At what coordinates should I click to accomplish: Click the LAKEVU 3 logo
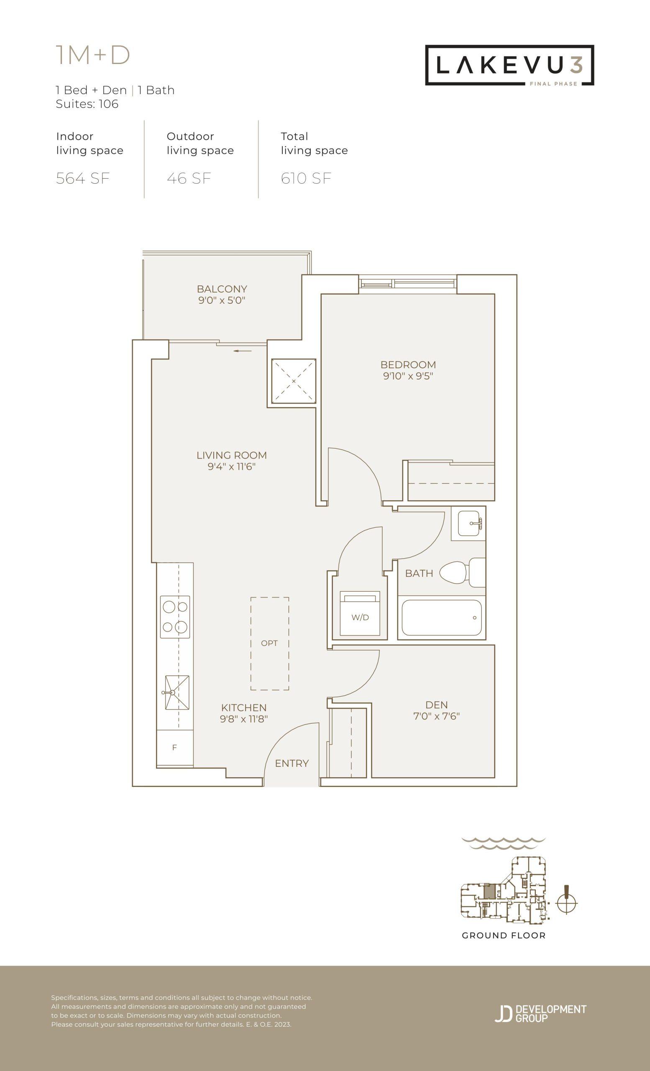pyautogui.click(x=509, y=65)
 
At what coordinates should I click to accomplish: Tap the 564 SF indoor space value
pyautogui.click(x=82, y=179)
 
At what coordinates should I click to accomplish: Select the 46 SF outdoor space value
pyautogui.click(x=189, y=179)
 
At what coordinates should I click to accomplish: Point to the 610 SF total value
pyautogui.click(x=306, y=179)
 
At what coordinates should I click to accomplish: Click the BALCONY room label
pyautogui.click(x=222, y=289)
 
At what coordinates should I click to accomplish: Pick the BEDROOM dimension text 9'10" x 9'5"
pyautogui.click(x=408, y=376)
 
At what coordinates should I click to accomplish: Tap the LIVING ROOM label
pyautogui.click(x=232, y=456)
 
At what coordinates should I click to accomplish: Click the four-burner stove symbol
pyautogui.click(x=175, y=617)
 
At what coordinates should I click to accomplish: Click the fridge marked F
pyautogui.click(x=175, y=748)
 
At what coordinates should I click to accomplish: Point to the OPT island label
pyautogui.click(x=269, y=643)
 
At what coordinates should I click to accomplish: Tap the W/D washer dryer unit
pyautogui.click(x=360, y=613)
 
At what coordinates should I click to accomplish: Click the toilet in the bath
pyautogui.click(x=462, y=572)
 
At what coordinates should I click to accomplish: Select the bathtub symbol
pyautogui.click(x=441, y=617)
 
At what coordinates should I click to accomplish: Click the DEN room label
pyautogui.click(x=437, y=705)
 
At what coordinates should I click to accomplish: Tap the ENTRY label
pyautogui.click(x=292, y=764)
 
